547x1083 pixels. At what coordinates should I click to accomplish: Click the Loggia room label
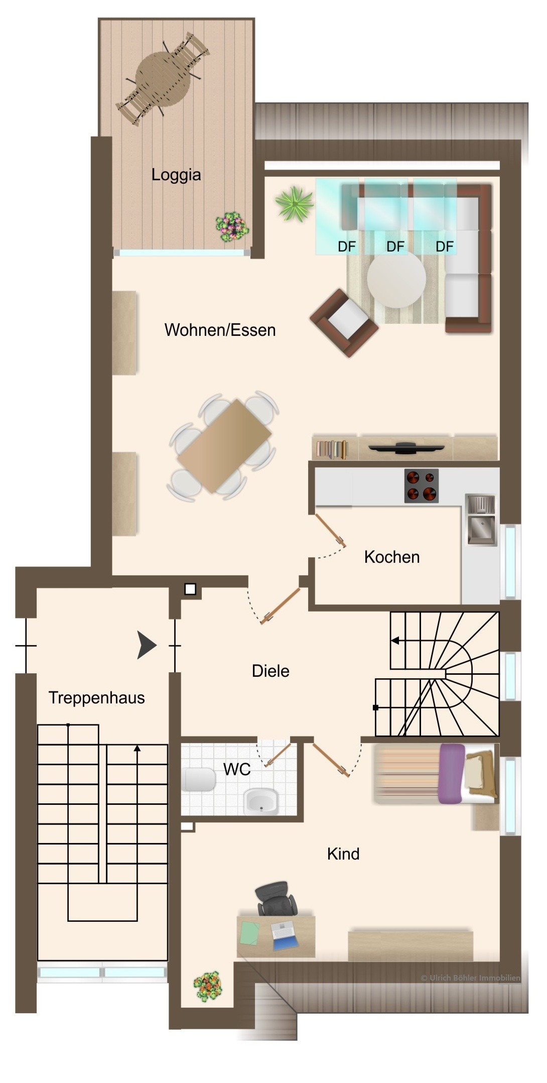click(x=176, y=175)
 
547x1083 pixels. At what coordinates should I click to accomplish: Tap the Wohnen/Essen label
click(x=220, y=330)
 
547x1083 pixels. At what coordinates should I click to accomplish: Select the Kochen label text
click(x=392, y=557)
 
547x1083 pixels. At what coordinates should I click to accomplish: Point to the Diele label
click(x=270, y=671)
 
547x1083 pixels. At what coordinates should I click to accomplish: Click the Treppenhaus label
click(x=97, y=697)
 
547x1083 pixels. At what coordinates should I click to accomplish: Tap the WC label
click(x=237, y=769)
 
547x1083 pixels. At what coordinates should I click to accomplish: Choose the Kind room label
click(x=343, y=854)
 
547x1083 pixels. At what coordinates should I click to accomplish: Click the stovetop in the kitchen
click(x=422, y=486)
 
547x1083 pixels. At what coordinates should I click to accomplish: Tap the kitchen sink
click(x=481, y=519)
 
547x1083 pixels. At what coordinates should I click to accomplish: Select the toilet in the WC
click(x=199, y=779)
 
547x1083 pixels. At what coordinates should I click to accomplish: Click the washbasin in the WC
click(x=260, y=801)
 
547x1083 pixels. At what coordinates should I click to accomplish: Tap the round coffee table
click(x=396, y=279)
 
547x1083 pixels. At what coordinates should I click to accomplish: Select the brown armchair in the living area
click(x=344, y=322)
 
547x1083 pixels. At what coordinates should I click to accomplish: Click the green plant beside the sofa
click(x=294, y=203)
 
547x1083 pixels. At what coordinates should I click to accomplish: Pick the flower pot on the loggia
click(x=232, y=227)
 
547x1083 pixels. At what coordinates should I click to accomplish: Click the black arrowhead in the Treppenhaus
click(x=147, y=645)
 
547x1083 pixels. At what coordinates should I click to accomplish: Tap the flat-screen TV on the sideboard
click(x=405, y=447)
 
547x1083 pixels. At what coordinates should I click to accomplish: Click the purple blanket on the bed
click(x=452, y=773)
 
